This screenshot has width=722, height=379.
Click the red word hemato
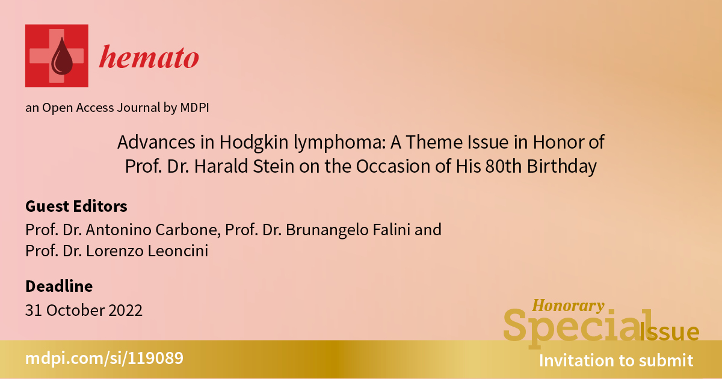(149, 57)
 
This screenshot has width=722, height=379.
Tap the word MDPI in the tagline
(194, 107)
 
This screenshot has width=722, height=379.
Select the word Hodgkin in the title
(254, 142)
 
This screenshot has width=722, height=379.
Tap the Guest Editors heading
(76, 206)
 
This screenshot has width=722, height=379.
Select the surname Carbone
(188, 230)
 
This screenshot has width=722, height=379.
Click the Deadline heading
(59, 286)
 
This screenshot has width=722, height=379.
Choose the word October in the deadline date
(75, 310)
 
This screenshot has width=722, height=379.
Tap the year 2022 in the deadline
(125, 310)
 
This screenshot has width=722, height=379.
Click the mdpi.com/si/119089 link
(104, 359)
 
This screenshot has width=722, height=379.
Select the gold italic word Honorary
(568, 306)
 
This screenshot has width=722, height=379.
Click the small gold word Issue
(669, 332)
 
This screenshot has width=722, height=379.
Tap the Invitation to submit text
(616, 360)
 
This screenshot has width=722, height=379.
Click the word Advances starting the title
(156, 142)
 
